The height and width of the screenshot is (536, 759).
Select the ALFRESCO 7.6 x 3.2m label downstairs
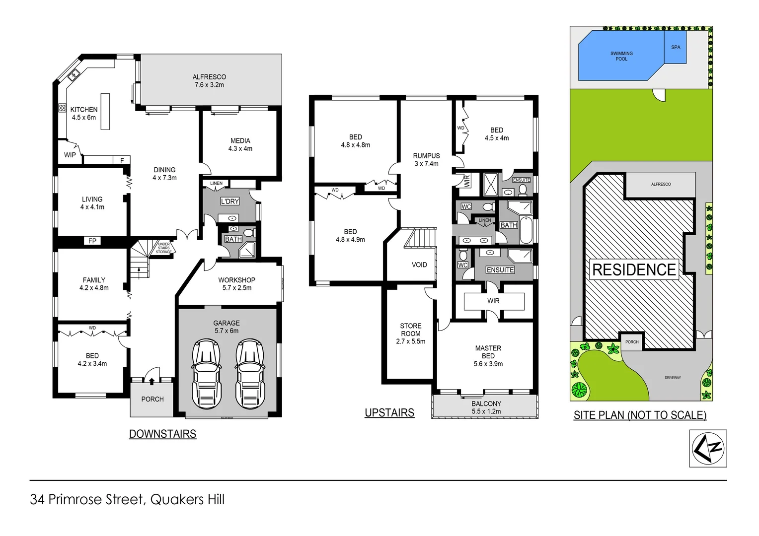(209, 81)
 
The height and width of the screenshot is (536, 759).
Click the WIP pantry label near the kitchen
(70, 155)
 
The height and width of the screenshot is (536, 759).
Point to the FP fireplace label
(92, 241)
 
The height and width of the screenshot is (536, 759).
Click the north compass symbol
(708, 448)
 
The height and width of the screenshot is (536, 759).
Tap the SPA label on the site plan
(676, 48)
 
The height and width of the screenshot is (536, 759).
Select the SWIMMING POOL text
(621, 56)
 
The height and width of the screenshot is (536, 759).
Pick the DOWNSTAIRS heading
(162, 434)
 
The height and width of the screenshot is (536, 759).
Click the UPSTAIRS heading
(389, 412)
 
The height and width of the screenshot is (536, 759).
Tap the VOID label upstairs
(419, 265)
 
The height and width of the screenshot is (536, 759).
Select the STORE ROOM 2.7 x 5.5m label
(411, 334)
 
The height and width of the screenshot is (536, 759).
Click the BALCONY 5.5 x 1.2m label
(486, 407)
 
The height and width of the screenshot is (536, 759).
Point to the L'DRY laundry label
(230, 201)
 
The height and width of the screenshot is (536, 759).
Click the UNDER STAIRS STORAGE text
(164, 248)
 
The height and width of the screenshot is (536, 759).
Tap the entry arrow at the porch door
(152, 381)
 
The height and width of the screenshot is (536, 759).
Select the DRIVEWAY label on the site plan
(673, 378)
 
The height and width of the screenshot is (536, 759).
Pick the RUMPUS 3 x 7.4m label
(426, 159)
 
